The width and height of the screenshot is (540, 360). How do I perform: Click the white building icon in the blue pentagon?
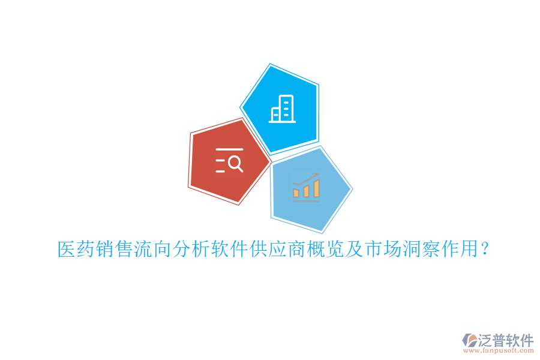coord(282,109)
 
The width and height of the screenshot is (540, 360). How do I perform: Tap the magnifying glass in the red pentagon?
coord(236,164)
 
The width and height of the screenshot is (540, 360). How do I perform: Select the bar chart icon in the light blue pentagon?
coord(306,187)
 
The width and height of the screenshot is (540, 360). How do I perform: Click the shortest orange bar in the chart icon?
coord(296,193)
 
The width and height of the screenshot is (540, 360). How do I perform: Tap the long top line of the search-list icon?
coord(229,149)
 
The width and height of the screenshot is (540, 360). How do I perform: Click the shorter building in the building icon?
coord(275,114)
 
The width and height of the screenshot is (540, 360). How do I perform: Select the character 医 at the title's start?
coord(67,249)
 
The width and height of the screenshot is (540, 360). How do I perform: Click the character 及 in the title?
coord(355,249)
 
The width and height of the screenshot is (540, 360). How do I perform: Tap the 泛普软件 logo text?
coord(506,340)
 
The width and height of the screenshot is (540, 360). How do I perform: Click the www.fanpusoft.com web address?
coord(499,350)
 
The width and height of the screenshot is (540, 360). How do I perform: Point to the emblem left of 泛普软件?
coord(470,340)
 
